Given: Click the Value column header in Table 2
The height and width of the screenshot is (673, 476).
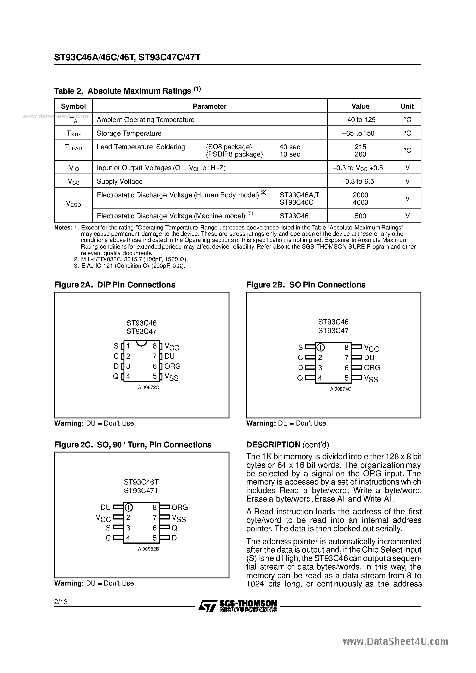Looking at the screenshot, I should pyautogui.click(x=360, y=106).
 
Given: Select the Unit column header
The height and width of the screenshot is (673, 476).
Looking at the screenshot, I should pyautogui.click(x=407, y=106).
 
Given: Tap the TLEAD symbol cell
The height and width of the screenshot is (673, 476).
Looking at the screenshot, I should pyautogui.click(x=73, y=148).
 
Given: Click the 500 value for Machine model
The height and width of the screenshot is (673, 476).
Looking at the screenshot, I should pyautogui.click(x=360, y=216).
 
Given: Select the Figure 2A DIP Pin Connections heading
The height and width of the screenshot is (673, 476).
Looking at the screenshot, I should pyautogui.click(x=115, y=285).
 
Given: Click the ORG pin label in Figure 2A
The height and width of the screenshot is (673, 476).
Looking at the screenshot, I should pyautogui.click(x=173, y=366).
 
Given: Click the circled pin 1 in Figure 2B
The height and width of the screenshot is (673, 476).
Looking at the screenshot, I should pyautogui.click(x=320, y=348).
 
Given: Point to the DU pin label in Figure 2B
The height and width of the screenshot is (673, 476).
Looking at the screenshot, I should pyautogui.click(x=369, y=358).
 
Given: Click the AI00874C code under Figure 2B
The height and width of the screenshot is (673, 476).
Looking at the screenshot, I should pyautogui.click(x=341, y=389).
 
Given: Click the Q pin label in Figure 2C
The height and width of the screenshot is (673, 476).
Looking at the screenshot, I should pyautogui.click(x=174, y=528).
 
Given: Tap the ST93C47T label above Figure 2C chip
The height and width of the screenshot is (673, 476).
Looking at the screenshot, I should pyautogui.click(x=141, y=491).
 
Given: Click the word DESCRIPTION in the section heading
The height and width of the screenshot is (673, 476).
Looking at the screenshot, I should pyautogui.click(x=273, y=445).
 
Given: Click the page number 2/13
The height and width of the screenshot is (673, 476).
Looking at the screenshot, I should pyautogui.click(x=61, y=602).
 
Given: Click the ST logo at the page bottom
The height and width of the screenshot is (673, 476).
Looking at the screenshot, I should pyautogui.click(x=208, y=606).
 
